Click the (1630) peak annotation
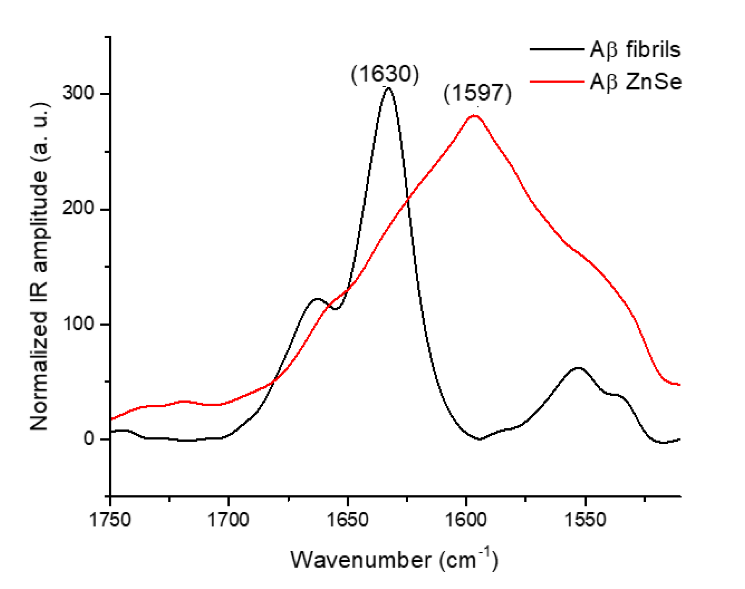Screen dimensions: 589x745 click(385, 74)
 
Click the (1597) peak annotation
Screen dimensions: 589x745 click(478, 93)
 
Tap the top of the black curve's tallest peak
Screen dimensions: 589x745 click(388, 88)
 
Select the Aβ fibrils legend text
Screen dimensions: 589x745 click(635, 50)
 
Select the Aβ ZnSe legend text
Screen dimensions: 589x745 click(636, 81)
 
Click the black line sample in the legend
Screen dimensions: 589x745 click(557, 50)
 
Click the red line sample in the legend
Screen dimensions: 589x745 click(557, 81)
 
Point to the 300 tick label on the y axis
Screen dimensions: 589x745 click(79, 93)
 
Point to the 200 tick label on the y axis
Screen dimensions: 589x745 click(79, 208)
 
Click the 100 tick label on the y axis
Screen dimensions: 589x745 click(79, 324)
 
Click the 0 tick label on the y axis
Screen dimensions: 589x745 click(89, 439)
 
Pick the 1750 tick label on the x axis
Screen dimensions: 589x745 click(110, 520)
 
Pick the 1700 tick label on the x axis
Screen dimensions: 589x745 click(229, 520)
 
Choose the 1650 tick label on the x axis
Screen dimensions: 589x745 click(348, 520)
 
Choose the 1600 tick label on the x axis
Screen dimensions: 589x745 click(466, 520)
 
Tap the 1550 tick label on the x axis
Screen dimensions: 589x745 click(585, 520)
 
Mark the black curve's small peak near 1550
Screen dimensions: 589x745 click(579, 368)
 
